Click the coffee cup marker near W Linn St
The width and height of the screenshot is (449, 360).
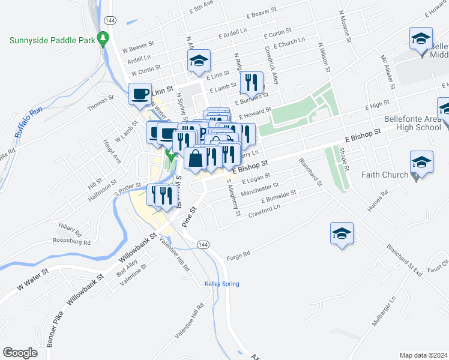click(140, 94)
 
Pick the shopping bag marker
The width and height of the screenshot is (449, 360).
click(196, 159)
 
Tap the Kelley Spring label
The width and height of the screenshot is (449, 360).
click(222, 284)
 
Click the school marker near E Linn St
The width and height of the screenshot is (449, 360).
click(199, 60)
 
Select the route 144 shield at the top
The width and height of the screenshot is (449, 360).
click(109, 20)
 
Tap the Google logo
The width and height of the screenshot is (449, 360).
click(20, 353)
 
